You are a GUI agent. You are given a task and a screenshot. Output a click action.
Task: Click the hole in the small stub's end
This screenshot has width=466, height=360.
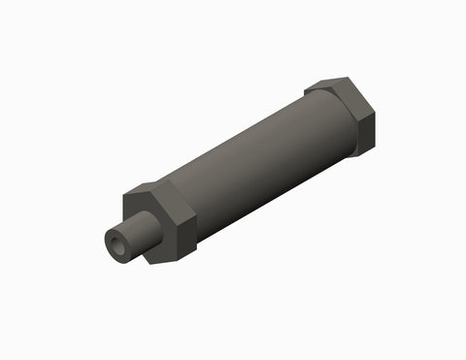tap(117, 246)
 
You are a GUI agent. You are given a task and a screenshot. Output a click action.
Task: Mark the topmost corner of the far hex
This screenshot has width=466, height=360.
tap(349, 79)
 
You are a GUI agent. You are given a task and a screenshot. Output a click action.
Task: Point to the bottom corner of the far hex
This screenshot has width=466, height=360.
tap(357, 155)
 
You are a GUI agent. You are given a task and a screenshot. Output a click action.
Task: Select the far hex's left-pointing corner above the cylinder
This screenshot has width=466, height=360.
tap(307, 91)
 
